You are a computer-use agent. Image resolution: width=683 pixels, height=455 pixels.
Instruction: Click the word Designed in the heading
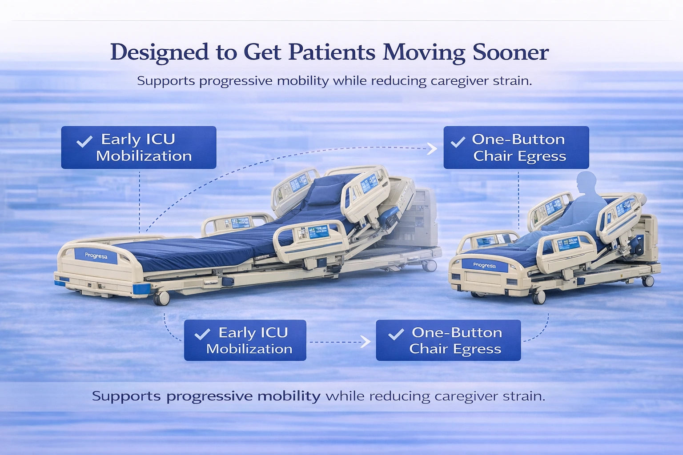coord(159,52)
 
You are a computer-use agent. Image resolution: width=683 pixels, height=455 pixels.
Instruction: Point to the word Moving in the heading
coord(424,52)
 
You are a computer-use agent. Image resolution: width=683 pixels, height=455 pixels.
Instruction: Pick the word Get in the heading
coord(262,52)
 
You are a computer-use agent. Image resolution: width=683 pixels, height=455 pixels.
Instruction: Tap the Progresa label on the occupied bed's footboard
coord(484,265)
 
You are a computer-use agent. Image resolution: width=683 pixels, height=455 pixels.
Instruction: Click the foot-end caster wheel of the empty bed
coord(161,298)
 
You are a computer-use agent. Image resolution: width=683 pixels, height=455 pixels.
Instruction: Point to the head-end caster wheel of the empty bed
coord(429,266)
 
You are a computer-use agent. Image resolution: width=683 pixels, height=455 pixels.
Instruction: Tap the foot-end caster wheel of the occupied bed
coord(539,297)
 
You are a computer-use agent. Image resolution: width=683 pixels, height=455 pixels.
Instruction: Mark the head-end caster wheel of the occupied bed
coord(648,281)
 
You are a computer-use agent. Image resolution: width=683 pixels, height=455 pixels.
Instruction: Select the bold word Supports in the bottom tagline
coord(126,396)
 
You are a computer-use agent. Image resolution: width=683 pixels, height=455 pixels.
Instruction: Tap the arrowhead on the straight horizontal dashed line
coord(366,342)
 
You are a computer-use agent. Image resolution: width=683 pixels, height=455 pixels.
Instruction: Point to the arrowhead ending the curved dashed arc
coord(432,148)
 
